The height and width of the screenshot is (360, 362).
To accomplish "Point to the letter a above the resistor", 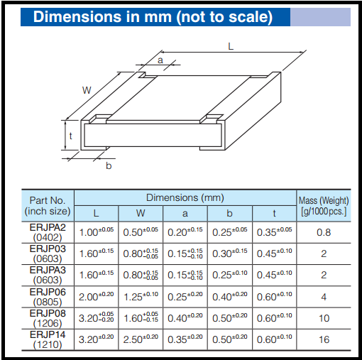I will (160, 62).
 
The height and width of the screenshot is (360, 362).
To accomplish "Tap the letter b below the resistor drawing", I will (109, 165).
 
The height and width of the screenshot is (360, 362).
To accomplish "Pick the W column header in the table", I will (141, 212).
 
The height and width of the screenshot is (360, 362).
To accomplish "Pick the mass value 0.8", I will (324, 231).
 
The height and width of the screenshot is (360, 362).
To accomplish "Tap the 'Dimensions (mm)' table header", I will (185, 197).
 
